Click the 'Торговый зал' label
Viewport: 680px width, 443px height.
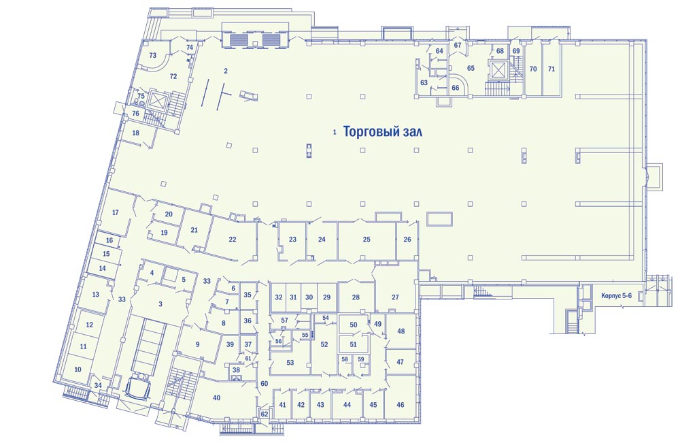pos(382,131)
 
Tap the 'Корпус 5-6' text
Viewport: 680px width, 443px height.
pos(616,295)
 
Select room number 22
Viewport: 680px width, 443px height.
pos(233,239)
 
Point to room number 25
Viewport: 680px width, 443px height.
pos(367,239)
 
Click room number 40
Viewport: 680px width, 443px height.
pos(217,398)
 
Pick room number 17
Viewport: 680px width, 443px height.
pos(116,212)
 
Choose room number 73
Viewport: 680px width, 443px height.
pos(152,55)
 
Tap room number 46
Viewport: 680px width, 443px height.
pos(401,404)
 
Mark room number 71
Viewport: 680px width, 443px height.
pos(551,69)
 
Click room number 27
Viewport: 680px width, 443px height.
pos(395,297)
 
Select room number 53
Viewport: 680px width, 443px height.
pos(290,363)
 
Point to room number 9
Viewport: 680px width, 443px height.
pos(198,344)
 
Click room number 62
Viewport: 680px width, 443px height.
pos(264,414)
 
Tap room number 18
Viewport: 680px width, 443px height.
pos(136,133)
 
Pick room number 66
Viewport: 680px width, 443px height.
pos(456,88)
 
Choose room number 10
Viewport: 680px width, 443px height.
pos(78,370)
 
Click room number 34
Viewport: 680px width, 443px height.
pos(98,385)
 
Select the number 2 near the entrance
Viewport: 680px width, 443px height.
pos(226,71)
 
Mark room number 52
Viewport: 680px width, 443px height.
pos(324,344)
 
